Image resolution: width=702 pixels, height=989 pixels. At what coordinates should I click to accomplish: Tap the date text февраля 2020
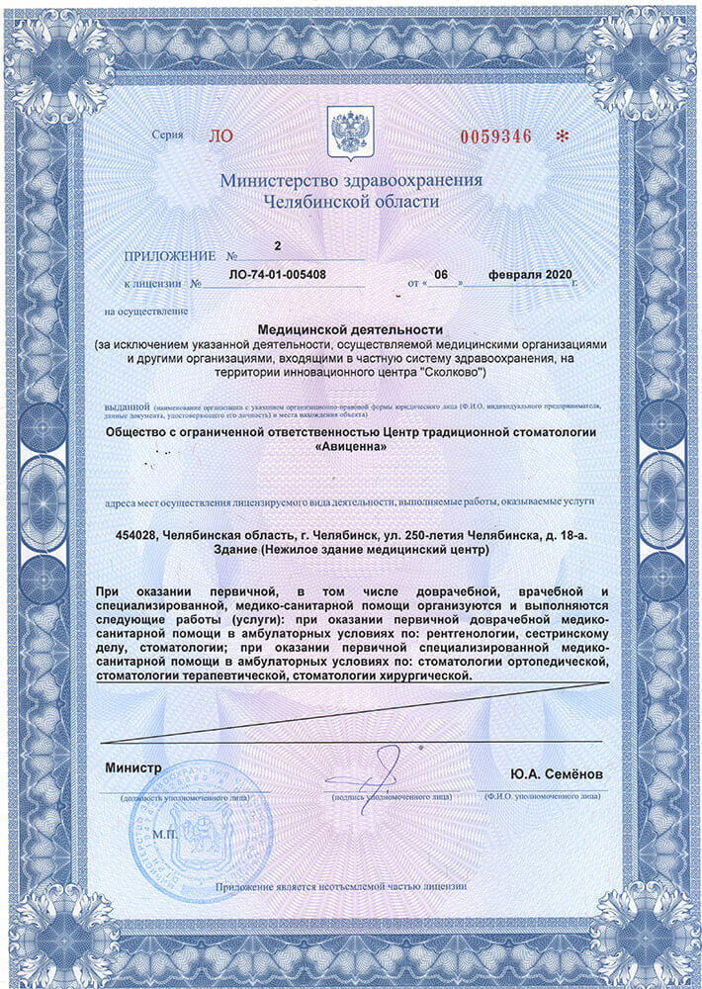530,274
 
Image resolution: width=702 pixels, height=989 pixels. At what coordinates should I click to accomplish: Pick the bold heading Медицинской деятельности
350,327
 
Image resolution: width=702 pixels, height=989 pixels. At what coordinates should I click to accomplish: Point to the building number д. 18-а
564,535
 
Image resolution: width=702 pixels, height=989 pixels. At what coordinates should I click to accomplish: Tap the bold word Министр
132,768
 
